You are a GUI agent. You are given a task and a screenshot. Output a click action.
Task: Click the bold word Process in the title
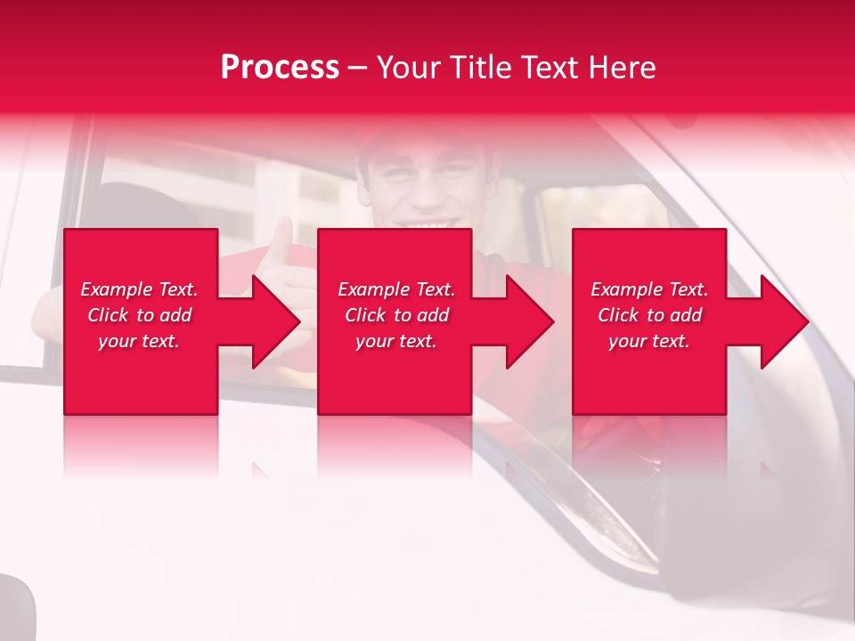point(280,68)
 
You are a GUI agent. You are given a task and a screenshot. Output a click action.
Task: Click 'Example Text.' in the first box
point(139,289)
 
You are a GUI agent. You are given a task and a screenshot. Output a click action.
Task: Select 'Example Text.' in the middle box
point(396,289)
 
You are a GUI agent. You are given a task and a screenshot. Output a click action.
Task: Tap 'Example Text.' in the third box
point(649,289)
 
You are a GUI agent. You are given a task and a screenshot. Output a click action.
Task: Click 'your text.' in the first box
point(139,341)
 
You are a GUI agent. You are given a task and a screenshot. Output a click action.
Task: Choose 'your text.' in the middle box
point(396,341)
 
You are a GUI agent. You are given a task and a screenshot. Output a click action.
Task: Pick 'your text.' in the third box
point(649,341)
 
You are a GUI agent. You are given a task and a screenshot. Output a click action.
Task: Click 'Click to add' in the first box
point(139,315)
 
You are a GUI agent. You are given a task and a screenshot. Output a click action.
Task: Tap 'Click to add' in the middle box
point(396,315)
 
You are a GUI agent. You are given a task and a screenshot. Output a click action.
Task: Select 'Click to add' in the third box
point(649,315)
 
